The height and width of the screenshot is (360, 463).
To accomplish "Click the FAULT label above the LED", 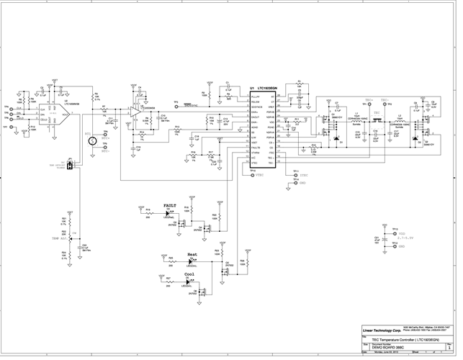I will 171,205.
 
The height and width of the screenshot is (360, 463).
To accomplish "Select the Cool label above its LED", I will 189,274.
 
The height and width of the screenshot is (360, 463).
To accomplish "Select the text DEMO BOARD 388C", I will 387,346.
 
